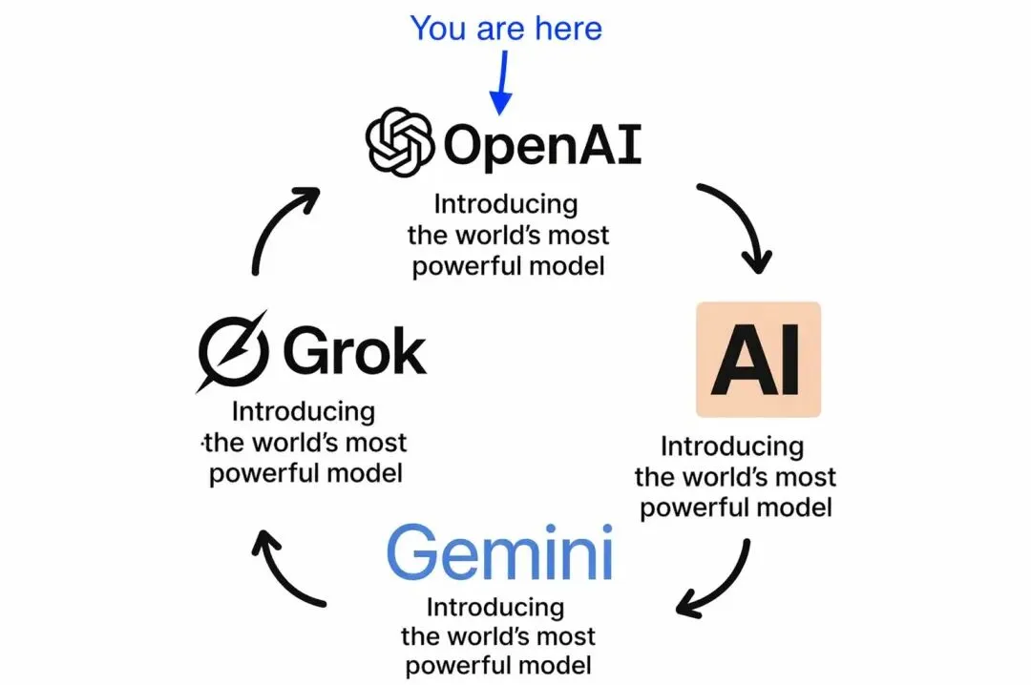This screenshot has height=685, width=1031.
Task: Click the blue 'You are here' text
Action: (506, 28)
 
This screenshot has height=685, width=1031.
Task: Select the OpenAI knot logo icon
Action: (401, 144)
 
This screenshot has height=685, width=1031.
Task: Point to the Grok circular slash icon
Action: (230, 351)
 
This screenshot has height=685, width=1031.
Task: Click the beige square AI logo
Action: (759, 360)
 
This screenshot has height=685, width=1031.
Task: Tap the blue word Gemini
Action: (498, 554)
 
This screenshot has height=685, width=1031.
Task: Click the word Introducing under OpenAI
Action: (506, 204)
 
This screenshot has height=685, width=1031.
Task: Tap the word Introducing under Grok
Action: (304, 412)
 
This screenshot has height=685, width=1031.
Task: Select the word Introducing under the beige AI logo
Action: (732, 446)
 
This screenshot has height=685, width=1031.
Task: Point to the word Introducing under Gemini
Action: (494, 608)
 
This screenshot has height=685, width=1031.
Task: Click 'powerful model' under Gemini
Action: (496, 664)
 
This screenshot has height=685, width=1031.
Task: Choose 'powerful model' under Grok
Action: (305, 473)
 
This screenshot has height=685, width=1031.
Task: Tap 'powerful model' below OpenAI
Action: (508, 265)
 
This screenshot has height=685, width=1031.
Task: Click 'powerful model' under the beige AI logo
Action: (735, 507)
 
